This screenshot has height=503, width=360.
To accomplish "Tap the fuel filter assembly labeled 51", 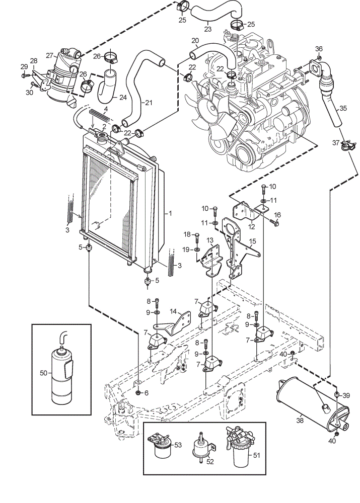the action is tap(241, 446).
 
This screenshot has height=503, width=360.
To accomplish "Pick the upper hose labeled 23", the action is tap(214, 13).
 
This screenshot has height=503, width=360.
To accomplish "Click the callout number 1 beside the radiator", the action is tap(170, 213).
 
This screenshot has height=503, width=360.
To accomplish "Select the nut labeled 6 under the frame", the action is tap(138, 393).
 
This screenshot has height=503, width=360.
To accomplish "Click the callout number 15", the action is tap(252, 241).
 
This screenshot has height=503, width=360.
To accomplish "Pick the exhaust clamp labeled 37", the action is tap(348, 145).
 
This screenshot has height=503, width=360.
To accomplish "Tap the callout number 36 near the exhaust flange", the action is tap(319, 49).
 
